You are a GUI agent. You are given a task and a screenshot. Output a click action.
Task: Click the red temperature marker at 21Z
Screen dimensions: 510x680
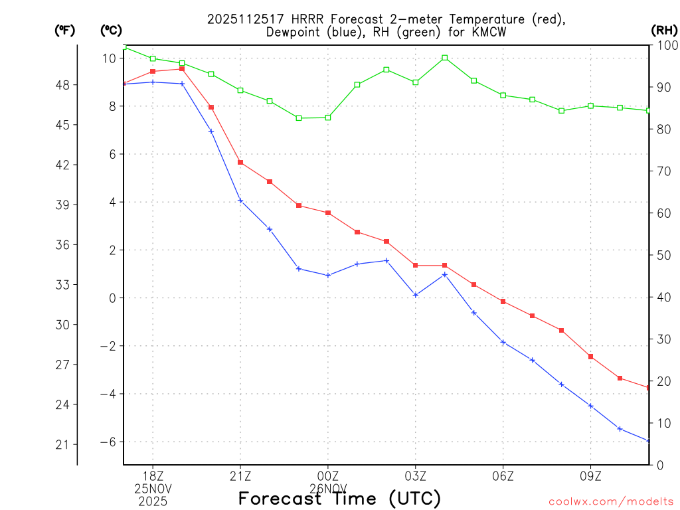[240, 162]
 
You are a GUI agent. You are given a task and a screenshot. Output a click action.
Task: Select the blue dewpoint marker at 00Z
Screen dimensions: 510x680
[328, 275]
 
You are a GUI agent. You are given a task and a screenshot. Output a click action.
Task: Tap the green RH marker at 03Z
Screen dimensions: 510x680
[416, 82]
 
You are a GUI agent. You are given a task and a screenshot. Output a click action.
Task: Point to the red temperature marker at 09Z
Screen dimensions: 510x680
[590, 357]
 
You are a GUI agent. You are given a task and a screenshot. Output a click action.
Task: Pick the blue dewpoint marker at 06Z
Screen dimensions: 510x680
[503, 342]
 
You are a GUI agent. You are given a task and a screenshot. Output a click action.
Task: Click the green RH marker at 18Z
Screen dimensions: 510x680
[153, 58]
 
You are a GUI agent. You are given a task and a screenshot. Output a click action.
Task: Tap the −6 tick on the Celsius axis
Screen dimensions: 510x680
[108, 442]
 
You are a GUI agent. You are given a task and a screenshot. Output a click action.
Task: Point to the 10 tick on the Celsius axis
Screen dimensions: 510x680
[110, 58]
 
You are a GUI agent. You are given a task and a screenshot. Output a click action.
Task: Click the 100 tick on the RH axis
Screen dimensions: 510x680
[663, 45]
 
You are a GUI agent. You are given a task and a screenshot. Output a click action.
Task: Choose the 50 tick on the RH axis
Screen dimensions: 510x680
[661, 255]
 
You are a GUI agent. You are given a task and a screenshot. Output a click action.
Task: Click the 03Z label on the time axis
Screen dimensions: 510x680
[416, 476]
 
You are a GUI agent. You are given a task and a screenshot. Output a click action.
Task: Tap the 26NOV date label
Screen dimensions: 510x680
[328, 488]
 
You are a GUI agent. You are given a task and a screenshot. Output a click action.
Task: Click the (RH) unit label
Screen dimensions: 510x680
[663, 30]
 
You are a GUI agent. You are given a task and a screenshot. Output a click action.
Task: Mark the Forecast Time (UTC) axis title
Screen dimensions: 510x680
[339, 498]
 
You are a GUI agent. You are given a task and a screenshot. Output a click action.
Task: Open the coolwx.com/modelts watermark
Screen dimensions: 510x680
[611, 501]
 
